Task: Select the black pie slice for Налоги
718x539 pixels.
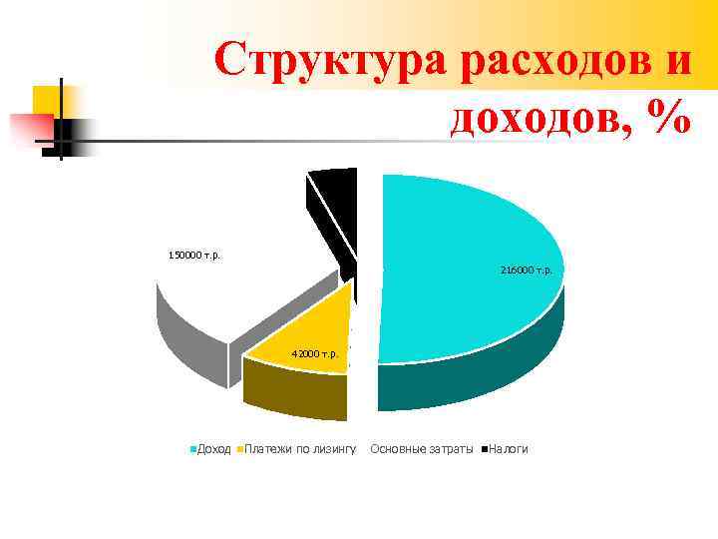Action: (335, 210)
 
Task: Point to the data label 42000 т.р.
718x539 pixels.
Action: (314, 353)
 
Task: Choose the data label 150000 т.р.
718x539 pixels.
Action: (194, 255)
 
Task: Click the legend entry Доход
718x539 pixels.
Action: (213, 449)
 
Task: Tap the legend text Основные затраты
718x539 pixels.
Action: (421, 449)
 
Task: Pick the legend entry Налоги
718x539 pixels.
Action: (509, 449)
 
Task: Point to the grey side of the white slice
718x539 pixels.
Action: (189, 344)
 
